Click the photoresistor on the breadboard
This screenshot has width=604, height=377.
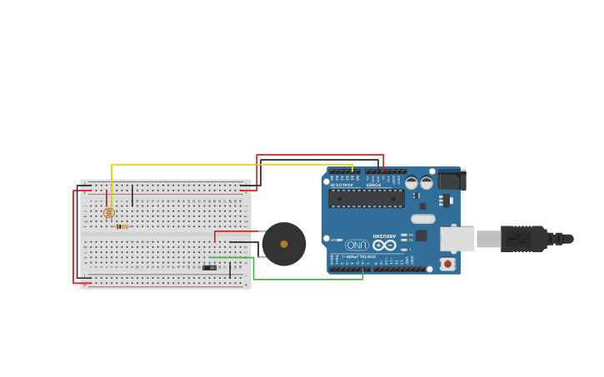(108, 213)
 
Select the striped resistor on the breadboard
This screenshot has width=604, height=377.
(122, 226)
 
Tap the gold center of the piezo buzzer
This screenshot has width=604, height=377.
(284, 244)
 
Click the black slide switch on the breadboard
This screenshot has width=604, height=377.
(209, 267)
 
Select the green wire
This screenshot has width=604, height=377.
(308, 279)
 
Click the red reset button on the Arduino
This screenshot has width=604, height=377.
(447, 264)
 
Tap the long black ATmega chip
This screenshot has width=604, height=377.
(366, 198)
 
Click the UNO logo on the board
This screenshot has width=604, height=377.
(357, 246)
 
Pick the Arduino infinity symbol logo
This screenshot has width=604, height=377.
(384, 245)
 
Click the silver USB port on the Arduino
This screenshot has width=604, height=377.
(457, 239)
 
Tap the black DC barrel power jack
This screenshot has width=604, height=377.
(451, 180)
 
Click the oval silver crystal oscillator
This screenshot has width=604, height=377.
(423, 219)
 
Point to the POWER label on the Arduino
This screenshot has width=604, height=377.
(373, 184)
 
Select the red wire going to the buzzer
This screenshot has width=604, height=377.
(237, 231)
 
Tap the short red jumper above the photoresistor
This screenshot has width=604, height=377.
(106, 196)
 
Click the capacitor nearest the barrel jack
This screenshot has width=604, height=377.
(427, 182)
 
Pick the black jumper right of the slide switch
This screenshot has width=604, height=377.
(230, 270)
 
